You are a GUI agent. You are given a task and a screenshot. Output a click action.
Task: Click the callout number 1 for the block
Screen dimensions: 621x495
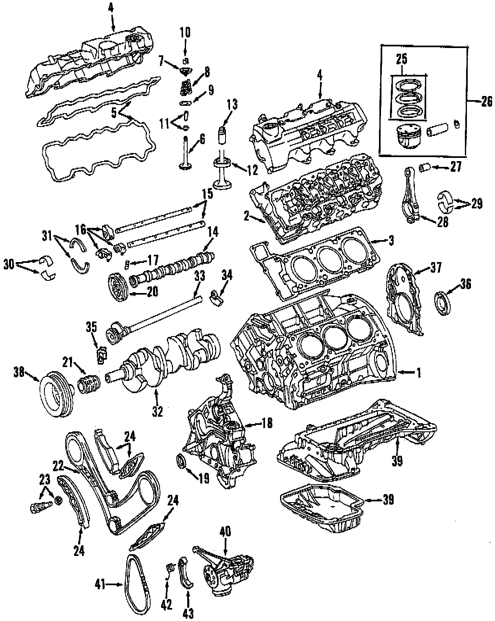pos(418,372)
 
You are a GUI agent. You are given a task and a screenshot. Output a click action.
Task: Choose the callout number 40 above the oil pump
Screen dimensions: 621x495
pos(225,531)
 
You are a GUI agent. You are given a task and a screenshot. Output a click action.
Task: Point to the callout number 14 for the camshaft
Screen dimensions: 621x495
pos(213,232)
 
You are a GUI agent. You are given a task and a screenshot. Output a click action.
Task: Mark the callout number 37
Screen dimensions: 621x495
pos(436,268)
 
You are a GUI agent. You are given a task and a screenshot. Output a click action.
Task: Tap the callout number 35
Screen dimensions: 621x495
pos(92,326)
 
